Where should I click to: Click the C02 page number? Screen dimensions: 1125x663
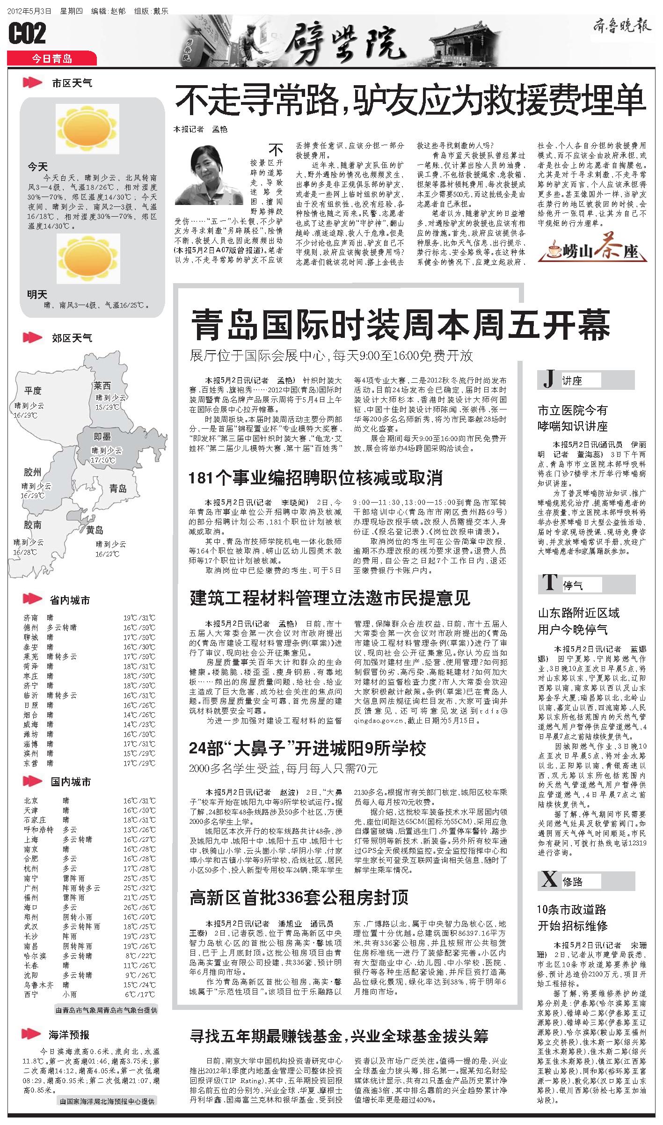28,34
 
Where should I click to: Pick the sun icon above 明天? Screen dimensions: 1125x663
88,259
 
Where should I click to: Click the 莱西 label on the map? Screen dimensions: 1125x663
102,386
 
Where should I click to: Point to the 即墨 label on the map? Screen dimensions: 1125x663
102,437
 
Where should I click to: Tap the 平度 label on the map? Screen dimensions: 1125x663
33,390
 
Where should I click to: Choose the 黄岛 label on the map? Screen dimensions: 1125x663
95,530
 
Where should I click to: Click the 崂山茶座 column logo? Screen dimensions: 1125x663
593,248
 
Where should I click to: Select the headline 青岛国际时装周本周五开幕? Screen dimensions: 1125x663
400,324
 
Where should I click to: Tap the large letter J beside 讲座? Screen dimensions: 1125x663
549,380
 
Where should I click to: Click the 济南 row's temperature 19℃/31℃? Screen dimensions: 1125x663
139,618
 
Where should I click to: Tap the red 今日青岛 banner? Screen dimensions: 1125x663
52,58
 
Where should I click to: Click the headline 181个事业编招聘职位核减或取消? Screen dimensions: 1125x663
315,478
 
